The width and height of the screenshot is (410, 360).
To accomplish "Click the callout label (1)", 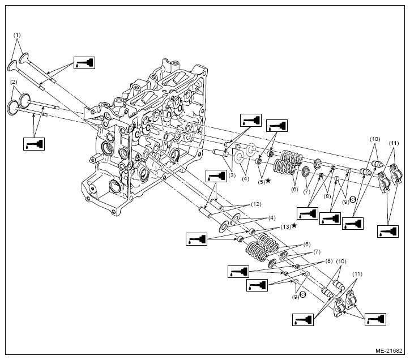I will click(x=17, y=35).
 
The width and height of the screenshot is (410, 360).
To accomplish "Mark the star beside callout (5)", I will click(x=268, y=180).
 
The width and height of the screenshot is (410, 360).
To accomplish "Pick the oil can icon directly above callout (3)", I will click(x=250, y=120).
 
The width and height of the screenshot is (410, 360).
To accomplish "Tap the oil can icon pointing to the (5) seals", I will click(x=276, y=125).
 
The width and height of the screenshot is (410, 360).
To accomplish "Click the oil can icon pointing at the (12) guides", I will click(x=216, y=175).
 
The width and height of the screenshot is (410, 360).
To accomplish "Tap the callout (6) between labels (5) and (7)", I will click(x=294, y=189).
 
